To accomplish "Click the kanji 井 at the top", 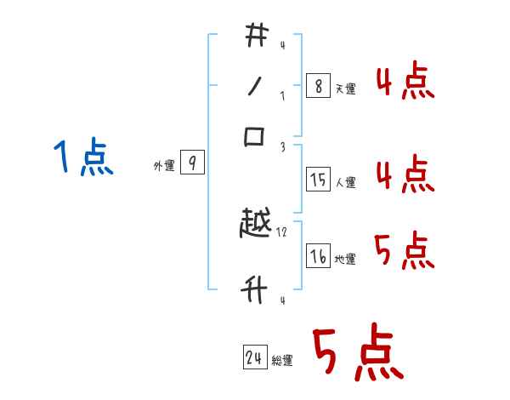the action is coord(256,37).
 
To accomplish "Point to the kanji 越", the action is coord(256,225).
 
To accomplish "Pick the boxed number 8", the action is coord(318,85).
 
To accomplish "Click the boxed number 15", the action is coord(318,179).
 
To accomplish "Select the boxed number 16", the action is coord(318,256).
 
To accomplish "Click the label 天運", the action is coord(346,89).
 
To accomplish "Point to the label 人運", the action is coord(346,182).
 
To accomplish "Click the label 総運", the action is coord(282,361).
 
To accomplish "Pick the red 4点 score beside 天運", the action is coord(405,83).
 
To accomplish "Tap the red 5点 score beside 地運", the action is coord(405,252).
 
